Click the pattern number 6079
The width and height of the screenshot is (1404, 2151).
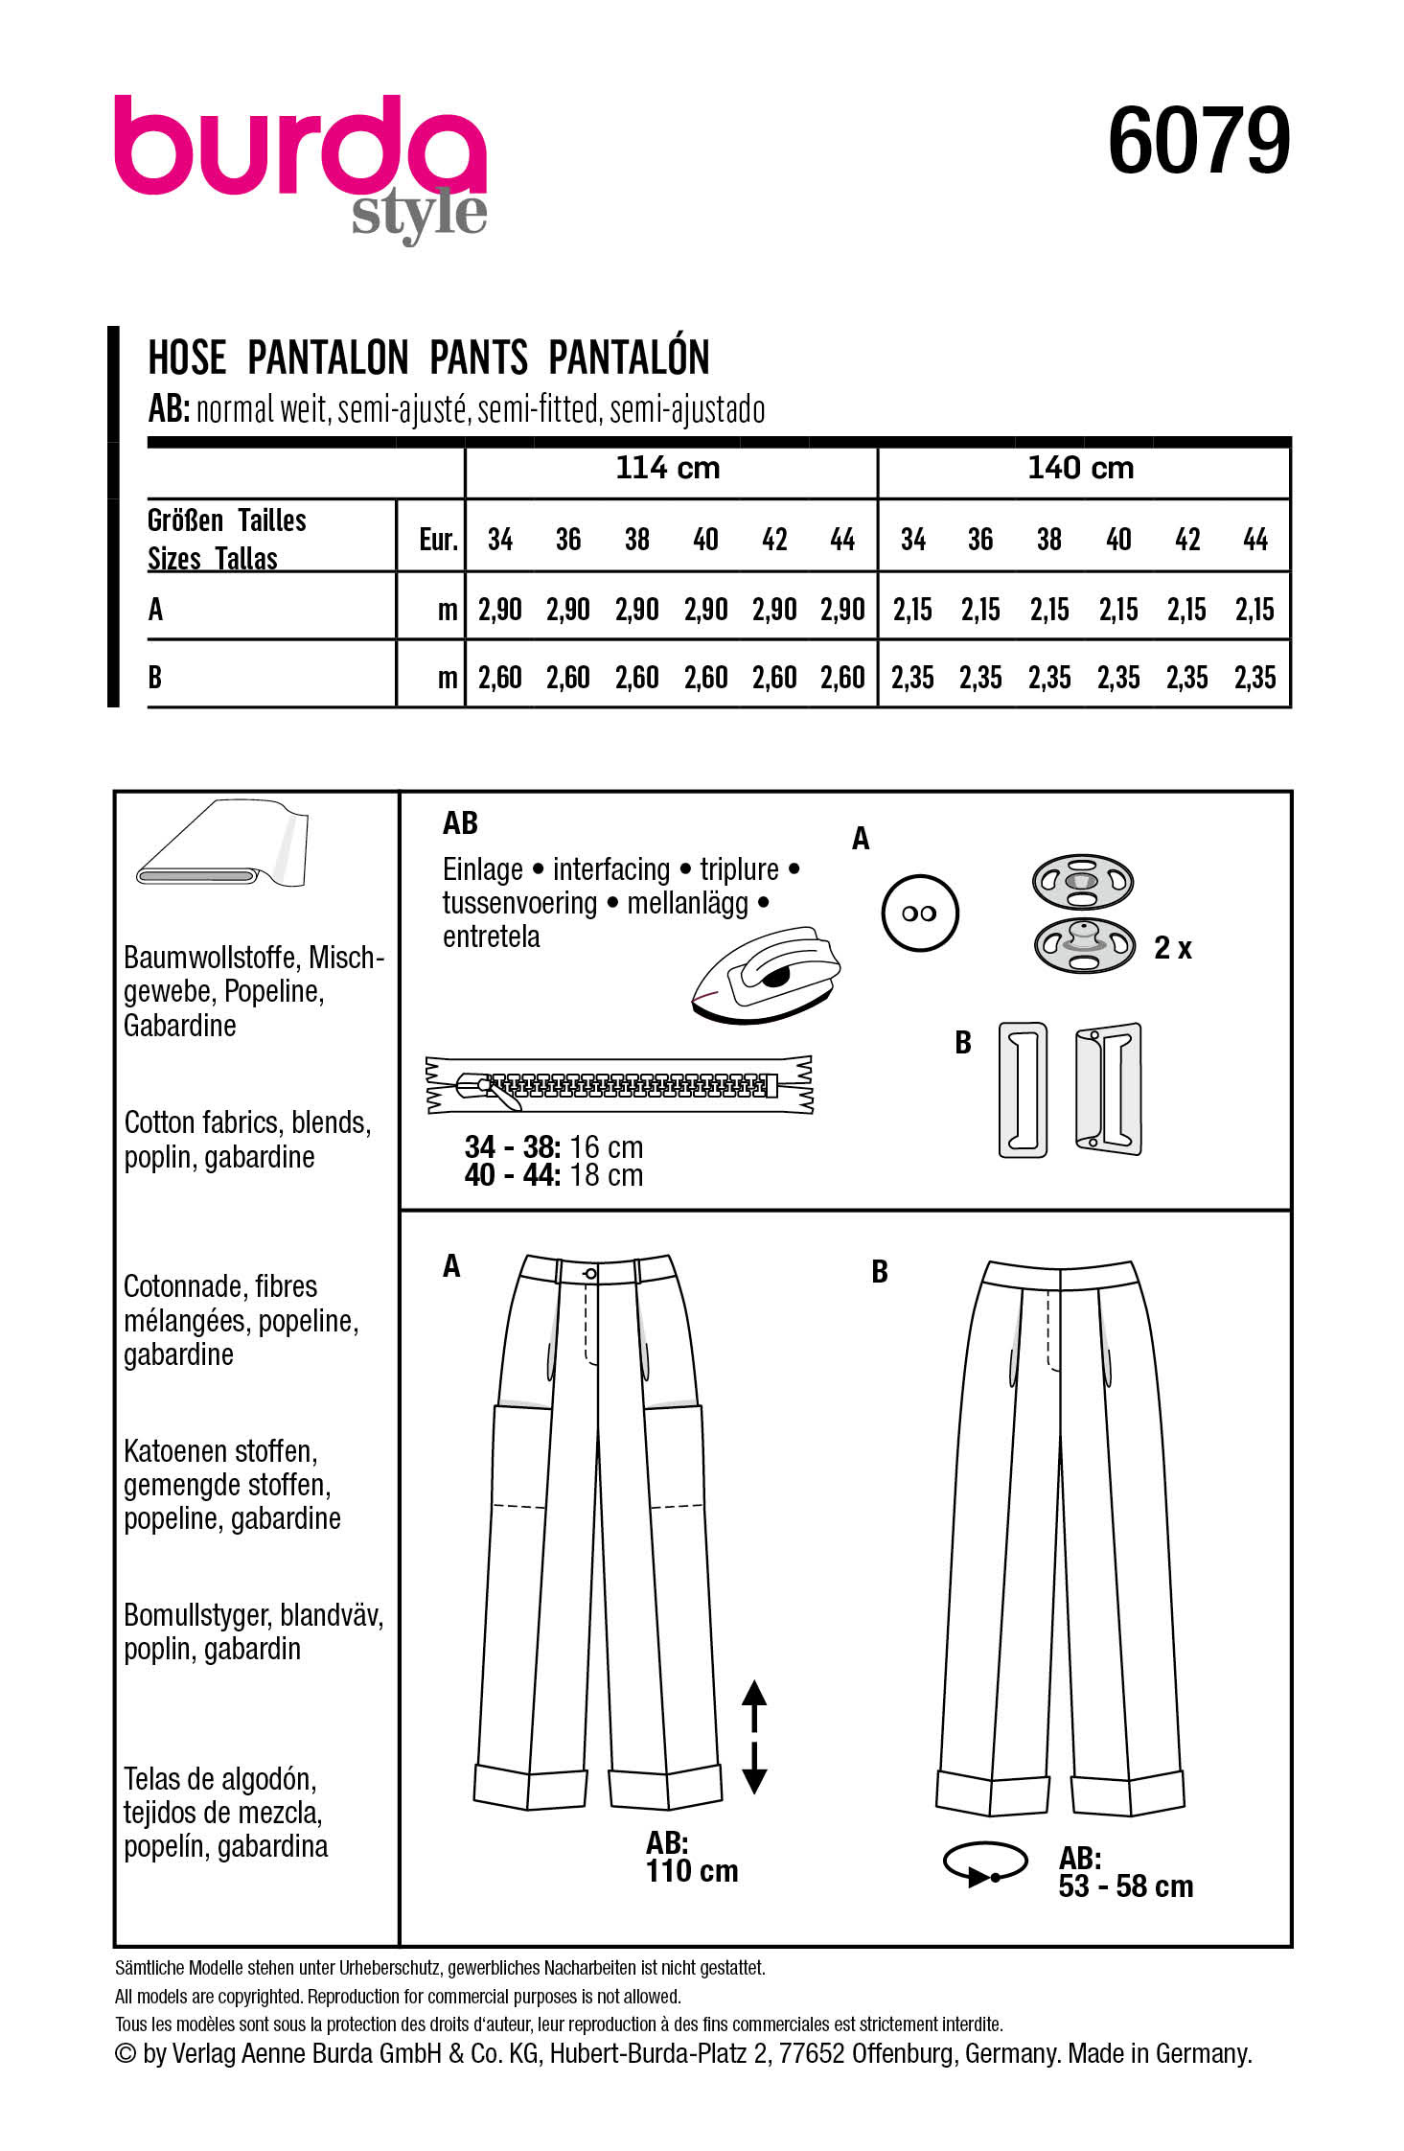1198,142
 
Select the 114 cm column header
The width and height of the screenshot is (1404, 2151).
668,469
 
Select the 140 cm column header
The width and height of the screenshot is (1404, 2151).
1080,469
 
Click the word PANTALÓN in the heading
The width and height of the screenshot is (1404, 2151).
629,358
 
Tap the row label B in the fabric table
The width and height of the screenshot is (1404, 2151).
155,678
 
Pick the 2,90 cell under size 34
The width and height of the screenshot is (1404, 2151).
499,610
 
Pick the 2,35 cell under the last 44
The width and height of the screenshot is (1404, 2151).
1254,678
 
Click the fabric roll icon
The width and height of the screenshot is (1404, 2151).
222,844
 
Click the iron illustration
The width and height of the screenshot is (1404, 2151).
767,975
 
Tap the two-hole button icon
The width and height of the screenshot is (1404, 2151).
919,914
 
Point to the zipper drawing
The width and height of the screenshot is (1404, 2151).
619,1085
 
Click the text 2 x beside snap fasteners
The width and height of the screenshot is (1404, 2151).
1172,948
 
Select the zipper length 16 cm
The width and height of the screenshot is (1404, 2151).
606,1147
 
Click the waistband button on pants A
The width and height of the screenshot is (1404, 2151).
590,1274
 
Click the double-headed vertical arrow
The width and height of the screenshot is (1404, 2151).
754,1736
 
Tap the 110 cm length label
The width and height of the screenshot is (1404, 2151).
692,1870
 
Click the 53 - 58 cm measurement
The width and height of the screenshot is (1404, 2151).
1125,1886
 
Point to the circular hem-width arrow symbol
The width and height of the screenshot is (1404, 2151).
985,1862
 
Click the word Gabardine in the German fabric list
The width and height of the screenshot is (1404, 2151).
180,1026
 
